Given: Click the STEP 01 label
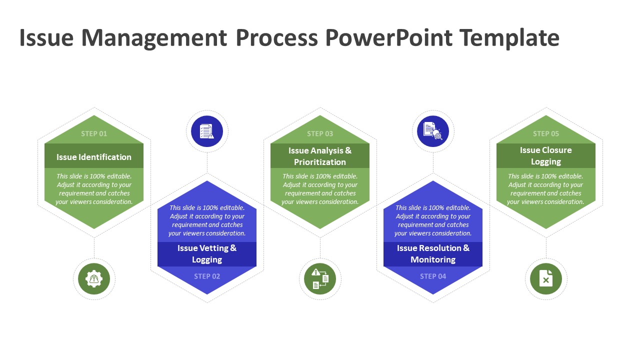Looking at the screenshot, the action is (94, 133).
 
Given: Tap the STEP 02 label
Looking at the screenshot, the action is (207, 276).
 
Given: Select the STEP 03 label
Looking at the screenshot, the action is (320, 133).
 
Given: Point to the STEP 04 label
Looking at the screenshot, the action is (433, 276).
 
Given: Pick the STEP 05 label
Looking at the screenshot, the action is (545, 133).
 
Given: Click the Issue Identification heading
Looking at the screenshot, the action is (94, 157).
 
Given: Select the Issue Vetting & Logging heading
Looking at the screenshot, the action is (207, 253).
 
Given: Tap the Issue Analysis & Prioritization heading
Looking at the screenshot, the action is (320, 156).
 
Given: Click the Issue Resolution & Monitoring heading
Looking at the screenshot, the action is (433, 253).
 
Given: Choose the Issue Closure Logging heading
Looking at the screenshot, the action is (545, 155).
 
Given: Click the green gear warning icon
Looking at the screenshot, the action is (94, 278).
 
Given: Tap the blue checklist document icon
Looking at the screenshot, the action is (207, 131).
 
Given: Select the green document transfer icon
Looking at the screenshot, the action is (320, 278).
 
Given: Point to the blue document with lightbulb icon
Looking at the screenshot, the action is (433, 131).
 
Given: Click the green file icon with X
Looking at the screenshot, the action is (545, 278).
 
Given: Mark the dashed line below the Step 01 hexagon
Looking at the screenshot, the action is (94, 248).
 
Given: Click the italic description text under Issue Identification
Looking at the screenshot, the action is (94, 189).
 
